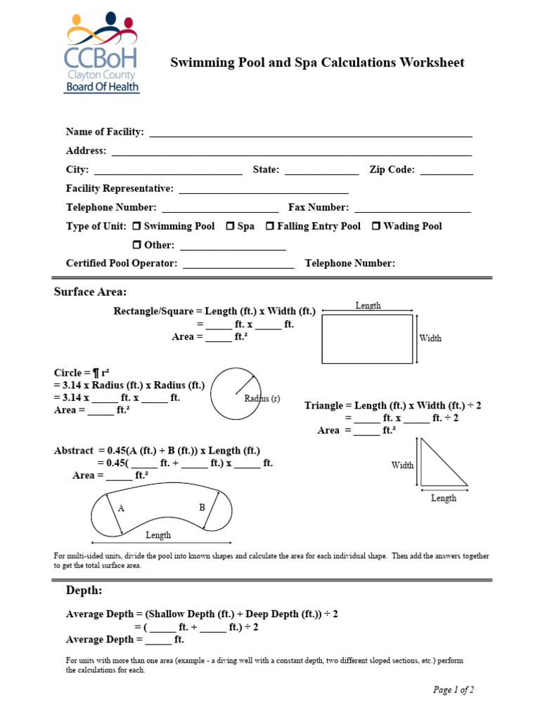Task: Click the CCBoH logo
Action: click(102, 53)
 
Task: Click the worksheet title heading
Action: click(317, 62)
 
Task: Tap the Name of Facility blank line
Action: click(309, 133)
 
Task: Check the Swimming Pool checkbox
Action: click(137, 226)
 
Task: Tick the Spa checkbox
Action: click(230, 226)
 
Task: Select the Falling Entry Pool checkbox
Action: click(269, 226)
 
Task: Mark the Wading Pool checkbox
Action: click(376, 226)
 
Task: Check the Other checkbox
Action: click(137, 245)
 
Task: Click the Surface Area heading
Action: click(91, 292)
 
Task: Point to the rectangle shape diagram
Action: click(367, 338)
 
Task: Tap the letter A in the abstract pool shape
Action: click(122, 508)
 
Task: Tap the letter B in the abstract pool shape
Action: click(202, 507)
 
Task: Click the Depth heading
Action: click(84, 590)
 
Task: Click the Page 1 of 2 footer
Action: click(453, 690)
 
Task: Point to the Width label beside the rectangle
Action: click(430, 338)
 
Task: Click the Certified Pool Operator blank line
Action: click(238, 265)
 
